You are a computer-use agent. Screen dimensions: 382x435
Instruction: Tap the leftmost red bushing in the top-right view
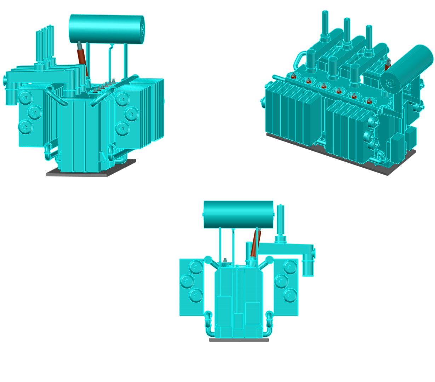tap(293, 76)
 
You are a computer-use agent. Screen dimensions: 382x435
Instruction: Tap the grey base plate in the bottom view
tap(239, 340)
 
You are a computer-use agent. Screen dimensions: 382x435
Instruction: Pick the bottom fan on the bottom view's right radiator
tap(290, 294)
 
